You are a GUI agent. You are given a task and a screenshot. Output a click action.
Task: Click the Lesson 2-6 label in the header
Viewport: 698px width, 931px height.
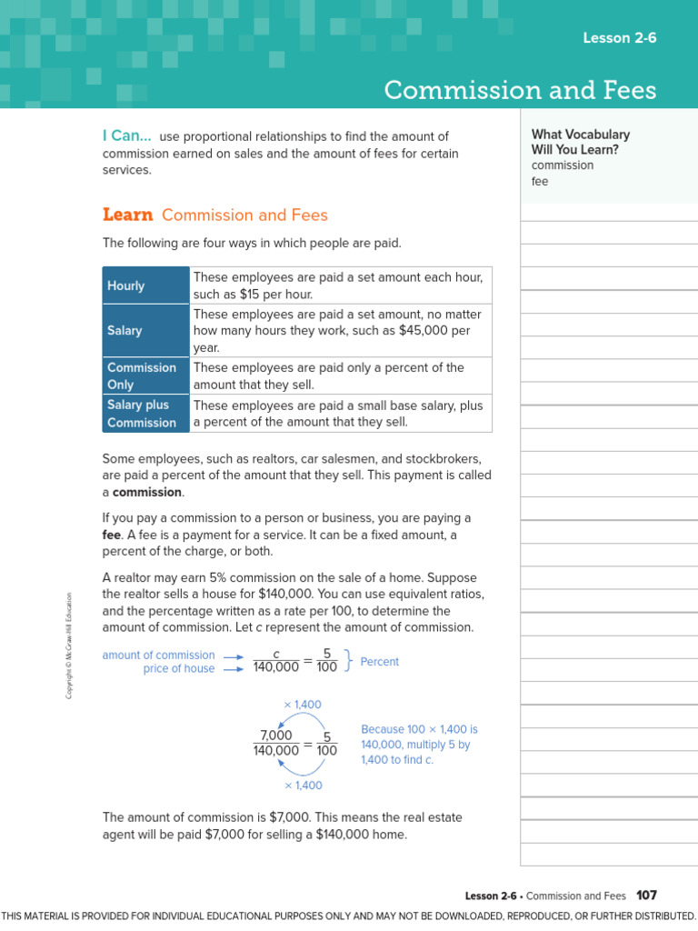619,37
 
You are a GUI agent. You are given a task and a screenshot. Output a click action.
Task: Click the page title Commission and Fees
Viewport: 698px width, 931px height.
519,90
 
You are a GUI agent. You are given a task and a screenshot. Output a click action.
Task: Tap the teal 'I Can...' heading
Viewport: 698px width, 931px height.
126,135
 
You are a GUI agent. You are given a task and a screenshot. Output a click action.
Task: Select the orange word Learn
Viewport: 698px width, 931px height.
127,215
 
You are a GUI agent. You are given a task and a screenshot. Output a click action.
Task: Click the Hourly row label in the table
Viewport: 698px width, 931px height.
125,285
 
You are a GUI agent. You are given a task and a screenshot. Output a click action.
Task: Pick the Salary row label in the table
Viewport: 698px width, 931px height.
125,330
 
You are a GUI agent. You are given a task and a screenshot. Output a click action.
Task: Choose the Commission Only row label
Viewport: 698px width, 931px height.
141,375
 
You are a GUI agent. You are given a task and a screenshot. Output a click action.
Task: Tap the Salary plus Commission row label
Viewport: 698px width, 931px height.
141,414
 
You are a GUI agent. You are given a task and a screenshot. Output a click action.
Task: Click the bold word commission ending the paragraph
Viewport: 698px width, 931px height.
147,492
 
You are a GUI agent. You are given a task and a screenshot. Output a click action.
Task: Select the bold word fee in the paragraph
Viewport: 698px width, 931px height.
112,535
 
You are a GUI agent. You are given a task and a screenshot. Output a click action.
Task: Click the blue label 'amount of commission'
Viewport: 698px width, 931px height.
158,655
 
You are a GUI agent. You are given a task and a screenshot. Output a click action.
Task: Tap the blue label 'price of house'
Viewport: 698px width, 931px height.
179,669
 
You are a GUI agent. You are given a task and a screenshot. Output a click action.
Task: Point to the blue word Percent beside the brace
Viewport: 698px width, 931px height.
379,662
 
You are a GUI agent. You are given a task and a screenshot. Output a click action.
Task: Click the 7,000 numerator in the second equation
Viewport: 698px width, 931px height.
276,736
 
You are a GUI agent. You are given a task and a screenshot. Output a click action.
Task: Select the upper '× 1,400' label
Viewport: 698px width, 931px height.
303,705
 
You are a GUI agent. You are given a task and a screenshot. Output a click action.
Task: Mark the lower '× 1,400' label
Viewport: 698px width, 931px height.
303,785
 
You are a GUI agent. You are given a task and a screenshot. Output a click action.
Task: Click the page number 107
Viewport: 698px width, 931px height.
646,896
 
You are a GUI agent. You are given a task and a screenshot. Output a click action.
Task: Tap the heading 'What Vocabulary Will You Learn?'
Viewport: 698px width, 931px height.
581,142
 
